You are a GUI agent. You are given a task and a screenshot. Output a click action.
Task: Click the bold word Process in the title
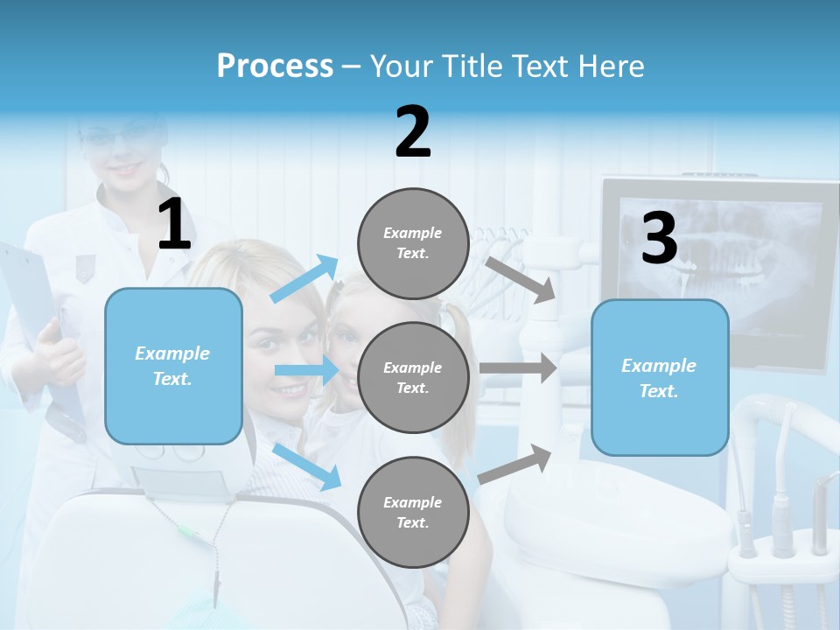tap(275, 66)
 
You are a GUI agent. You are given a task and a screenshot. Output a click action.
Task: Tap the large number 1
tap(174, 225)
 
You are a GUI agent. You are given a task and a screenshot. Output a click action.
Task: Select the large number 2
tap(413, 132)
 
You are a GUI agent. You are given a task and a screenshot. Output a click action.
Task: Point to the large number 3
tap(659, 239)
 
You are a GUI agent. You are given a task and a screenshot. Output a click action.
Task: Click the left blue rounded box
tap(173, 366)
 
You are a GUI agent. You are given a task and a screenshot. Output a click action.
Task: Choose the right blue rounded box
tap(660, 377)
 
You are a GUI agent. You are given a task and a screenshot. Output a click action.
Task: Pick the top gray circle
tap(413, 243)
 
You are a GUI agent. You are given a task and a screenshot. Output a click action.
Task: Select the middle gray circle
tap(413, 377)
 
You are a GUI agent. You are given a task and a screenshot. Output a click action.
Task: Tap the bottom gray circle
tap(413, 512)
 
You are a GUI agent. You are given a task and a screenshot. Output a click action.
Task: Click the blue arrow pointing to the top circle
tap(305, 278)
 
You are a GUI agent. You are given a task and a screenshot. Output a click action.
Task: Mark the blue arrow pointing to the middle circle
tap(305, 370)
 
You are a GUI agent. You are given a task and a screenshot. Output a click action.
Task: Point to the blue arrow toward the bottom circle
tap(307, 466)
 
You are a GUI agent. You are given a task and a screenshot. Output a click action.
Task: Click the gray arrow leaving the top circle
tap(521, 279)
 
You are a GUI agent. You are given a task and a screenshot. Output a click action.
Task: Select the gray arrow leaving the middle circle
tap(518, 367)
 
